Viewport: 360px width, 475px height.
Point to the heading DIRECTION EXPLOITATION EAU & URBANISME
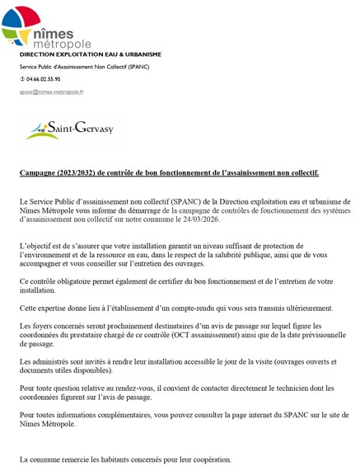pos(90,54)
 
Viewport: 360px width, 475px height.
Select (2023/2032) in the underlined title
pos(84,173)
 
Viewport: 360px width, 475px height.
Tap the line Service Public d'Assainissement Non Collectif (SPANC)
pos(84,66)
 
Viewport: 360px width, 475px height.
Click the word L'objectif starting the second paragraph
pos(37,247)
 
